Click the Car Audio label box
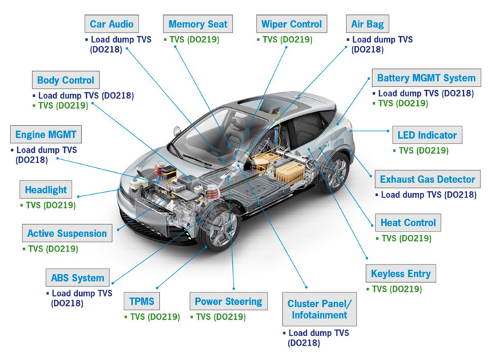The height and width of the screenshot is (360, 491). (x=111, y=24)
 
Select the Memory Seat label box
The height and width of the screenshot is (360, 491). (x=198, y=24)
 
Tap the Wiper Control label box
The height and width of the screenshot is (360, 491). (x=292, y=24)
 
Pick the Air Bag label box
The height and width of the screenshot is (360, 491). (x=367, y=24)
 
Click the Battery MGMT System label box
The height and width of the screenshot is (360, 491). (x=427, y=78)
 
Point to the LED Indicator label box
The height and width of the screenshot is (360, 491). (x=427, y=135)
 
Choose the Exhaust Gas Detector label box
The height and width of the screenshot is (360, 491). (x=427, y=179)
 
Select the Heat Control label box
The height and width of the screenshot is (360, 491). (x=408, y=223)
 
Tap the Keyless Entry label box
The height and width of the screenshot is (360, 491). (x=401, y=273)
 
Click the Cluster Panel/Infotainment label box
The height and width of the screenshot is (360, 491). (x=320, y=309)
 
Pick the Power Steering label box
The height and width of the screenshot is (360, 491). (x=229, y=301)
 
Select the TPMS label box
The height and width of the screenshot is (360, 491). (x=142, y=301)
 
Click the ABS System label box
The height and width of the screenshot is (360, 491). (x=78, y=277)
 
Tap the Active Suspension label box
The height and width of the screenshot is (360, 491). (x=67, y=233)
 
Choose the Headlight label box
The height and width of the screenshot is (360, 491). (x=46, y=189)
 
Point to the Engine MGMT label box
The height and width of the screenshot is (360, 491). (x=46, y=135)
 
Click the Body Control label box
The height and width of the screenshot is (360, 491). (x=66, y=80)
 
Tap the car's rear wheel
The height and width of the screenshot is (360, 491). (x=334, y=171)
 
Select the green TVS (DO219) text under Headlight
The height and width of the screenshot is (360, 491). (x=48, y=206)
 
